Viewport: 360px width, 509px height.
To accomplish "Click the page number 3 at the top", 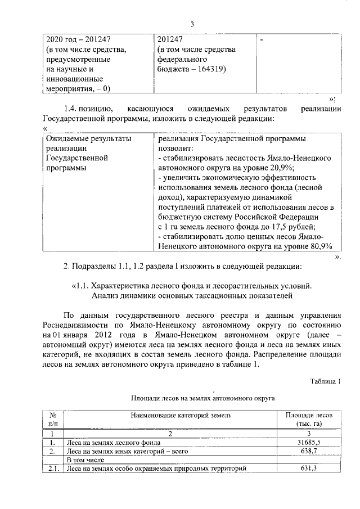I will click(192, 24).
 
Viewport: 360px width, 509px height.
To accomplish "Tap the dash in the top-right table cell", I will click(262, 40).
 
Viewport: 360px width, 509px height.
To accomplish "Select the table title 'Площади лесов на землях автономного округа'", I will click(202, 398).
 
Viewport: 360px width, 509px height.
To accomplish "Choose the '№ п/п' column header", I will click(52, 419).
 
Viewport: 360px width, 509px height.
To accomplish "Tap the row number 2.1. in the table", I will click(53, 469).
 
